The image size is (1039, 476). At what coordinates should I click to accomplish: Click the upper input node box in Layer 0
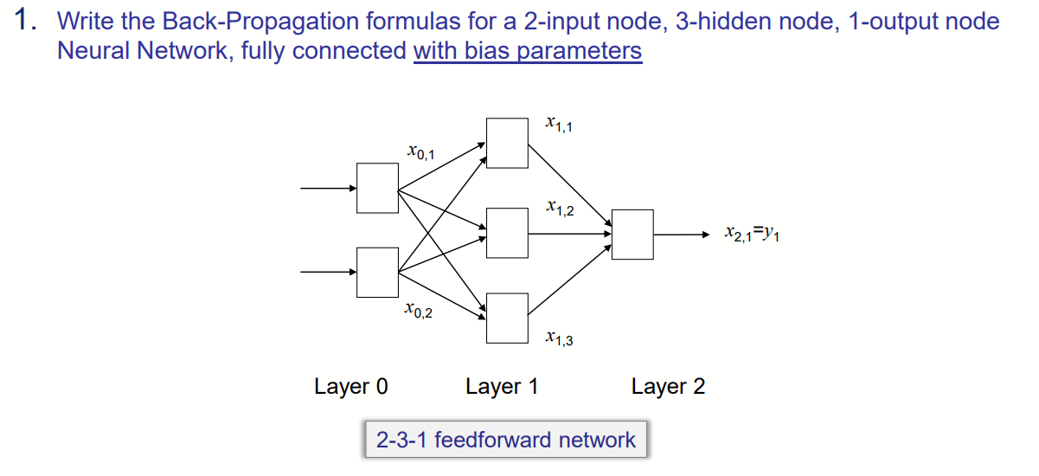(x=378, y=188)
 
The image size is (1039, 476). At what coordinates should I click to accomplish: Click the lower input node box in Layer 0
(x=378, y=271)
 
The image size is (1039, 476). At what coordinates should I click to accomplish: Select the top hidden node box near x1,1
(x=507, y=143)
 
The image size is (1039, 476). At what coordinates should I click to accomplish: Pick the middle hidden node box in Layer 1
(x=507, y=233)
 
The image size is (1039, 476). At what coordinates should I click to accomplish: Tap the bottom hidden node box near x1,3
(x=507, y=318)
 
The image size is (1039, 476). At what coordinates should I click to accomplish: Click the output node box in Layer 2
(x=632, y=234)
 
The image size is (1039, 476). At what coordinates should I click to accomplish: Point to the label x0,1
(x=420, y=154)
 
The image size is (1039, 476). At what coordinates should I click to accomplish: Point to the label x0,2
(x=418, y=311)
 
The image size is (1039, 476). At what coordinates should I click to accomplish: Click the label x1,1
(x=558, y=125)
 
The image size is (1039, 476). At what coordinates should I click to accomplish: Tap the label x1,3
(x=559, y=338)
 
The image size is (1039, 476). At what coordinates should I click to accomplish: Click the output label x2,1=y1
(x=752, y=234)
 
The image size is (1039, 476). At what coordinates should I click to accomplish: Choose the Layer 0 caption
(x=350, y=386)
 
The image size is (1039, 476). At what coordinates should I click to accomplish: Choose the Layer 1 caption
(x=501, y=386)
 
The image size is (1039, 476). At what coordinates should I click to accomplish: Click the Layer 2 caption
(x=668, y=386)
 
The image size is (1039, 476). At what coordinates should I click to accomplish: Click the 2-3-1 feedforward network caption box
(x=505, y=440)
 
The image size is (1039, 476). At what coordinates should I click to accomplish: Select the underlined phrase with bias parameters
(x=528, y=51)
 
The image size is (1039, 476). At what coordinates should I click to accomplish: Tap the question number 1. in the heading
(x=27, y=21)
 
